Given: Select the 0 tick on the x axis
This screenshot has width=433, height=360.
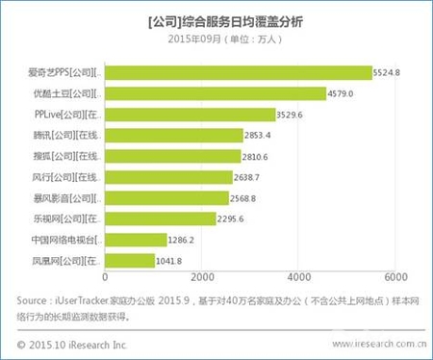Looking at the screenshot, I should point(102,279).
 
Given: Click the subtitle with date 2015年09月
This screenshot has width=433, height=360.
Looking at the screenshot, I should point(217,37).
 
